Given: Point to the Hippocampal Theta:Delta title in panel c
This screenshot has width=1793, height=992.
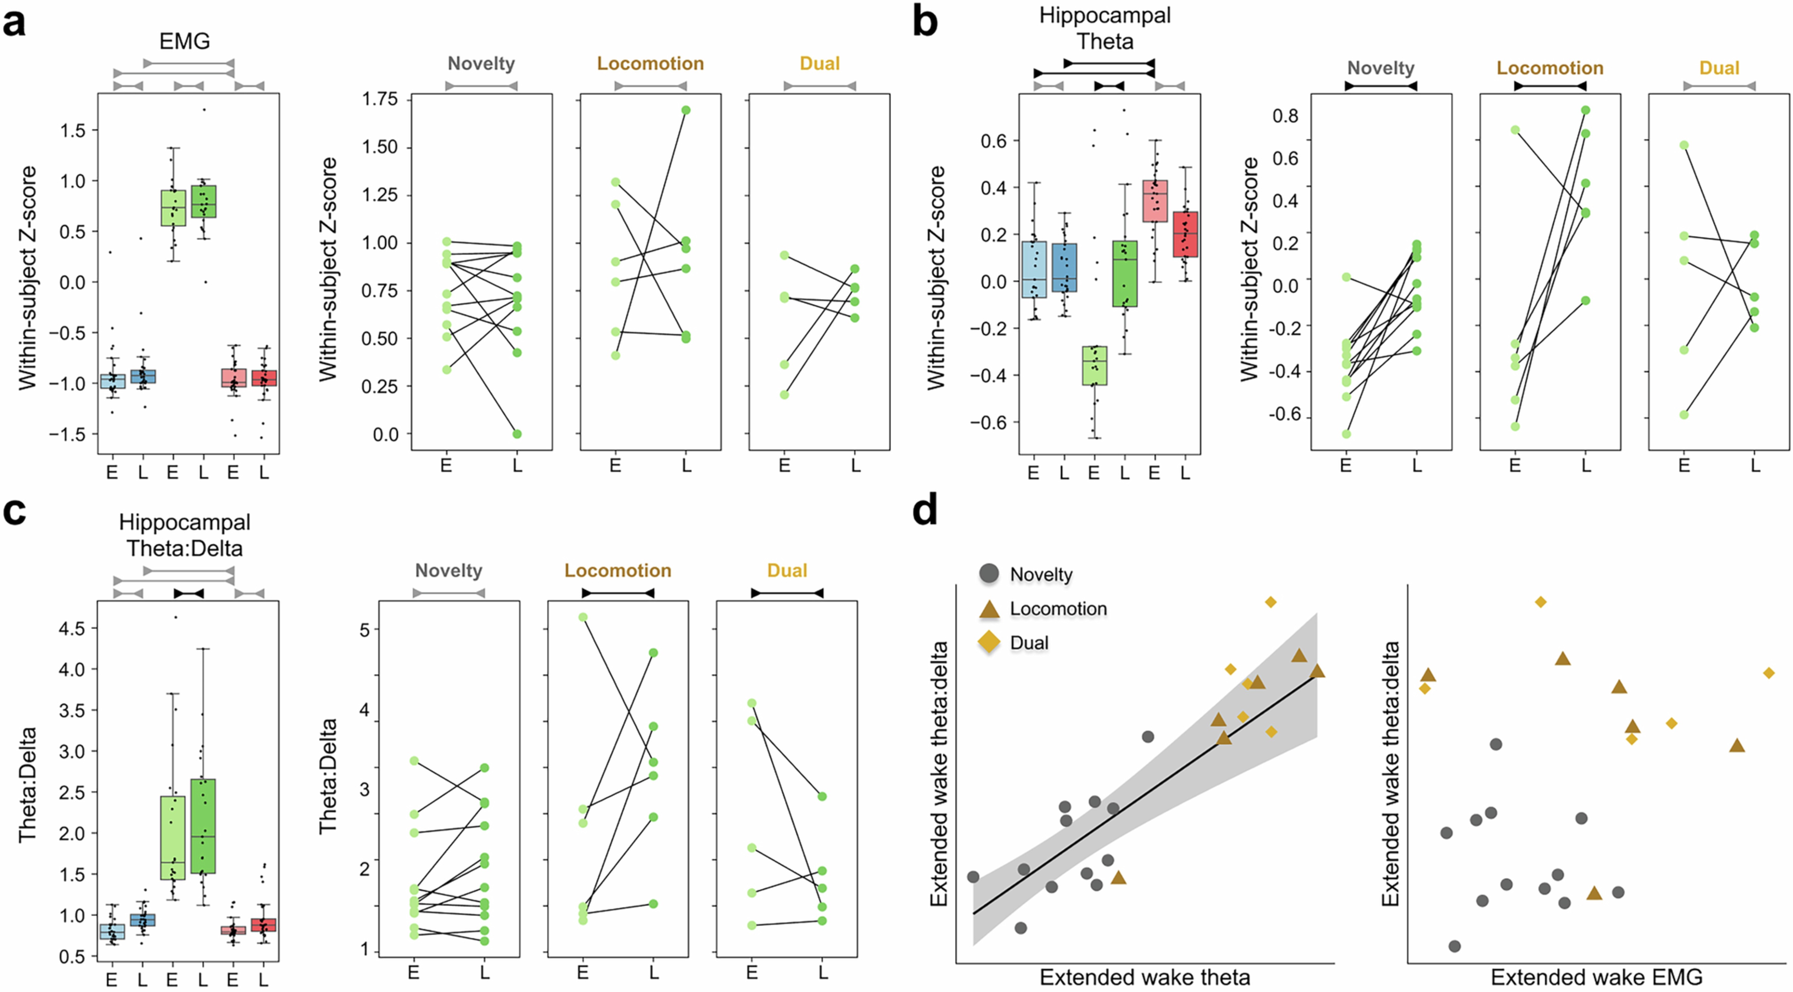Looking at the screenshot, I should pos(184,535).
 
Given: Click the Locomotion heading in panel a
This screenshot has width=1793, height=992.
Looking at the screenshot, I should pos(650,64).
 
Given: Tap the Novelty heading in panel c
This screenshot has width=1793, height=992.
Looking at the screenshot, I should pos(448,571).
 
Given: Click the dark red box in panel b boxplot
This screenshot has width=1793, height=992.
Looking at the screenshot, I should pos(1185,234).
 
